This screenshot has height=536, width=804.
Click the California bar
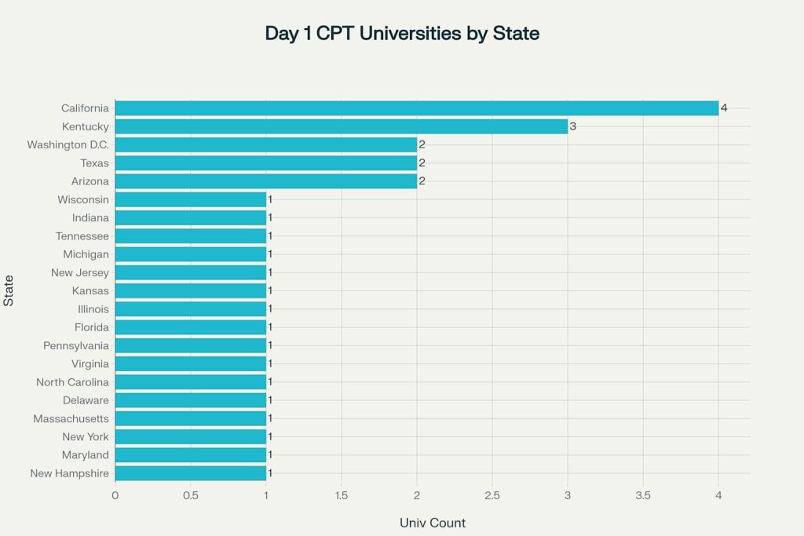416,108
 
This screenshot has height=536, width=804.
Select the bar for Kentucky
341,126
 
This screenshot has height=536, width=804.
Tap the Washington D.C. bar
265,144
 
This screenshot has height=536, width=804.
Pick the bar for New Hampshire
190,473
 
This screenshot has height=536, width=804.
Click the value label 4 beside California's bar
724,108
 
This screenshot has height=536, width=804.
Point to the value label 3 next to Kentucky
573,126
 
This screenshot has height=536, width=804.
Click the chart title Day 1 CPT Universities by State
402,34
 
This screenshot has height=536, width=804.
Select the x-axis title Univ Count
433,523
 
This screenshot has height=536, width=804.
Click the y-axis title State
9,291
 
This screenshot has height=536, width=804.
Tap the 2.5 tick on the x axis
492,495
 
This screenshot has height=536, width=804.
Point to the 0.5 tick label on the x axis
190,495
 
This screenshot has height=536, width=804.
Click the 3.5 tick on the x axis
643,495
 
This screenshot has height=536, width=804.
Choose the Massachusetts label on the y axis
71,418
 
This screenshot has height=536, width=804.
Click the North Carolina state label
72,382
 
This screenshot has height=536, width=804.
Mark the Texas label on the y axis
94,163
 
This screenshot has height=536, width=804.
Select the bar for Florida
190,327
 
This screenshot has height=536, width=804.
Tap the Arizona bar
265,181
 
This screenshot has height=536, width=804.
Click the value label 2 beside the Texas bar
422,163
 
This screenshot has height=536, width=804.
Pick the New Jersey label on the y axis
80,272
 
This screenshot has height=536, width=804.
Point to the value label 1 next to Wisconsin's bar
270,199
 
